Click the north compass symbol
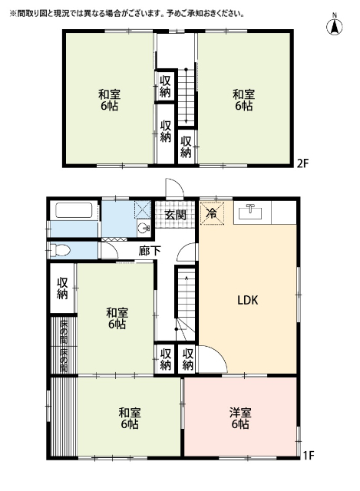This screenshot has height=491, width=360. tap(335, 25)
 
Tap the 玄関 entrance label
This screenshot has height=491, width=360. tap(175, 215)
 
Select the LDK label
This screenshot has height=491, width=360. tap(247, 300)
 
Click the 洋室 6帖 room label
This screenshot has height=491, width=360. tap(240, 418)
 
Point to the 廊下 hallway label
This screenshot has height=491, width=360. tap(150, 251)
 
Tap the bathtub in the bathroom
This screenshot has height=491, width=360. tap(74, 210)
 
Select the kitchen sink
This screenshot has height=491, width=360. tap(250, 213)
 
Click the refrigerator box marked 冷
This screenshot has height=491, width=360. tap(212, 213)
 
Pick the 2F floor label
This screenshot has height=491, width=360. tap(302, 163)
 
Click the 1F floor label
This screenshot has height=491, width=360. tap(309, 455)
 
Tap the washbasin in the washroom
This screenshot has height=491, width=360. tap(144, 227)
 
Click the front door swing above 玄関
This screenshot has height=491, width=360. tap(175, 189)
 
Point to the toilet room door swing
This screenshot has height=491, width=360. tap(109, 251)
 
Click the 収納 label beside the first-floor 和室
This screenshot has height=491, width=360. tap(62, 288)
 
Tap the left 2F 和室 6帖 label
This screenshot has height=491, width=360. tap(109, 100)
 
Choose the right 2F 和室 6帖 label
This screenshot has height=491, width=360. tap(243, 100)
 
